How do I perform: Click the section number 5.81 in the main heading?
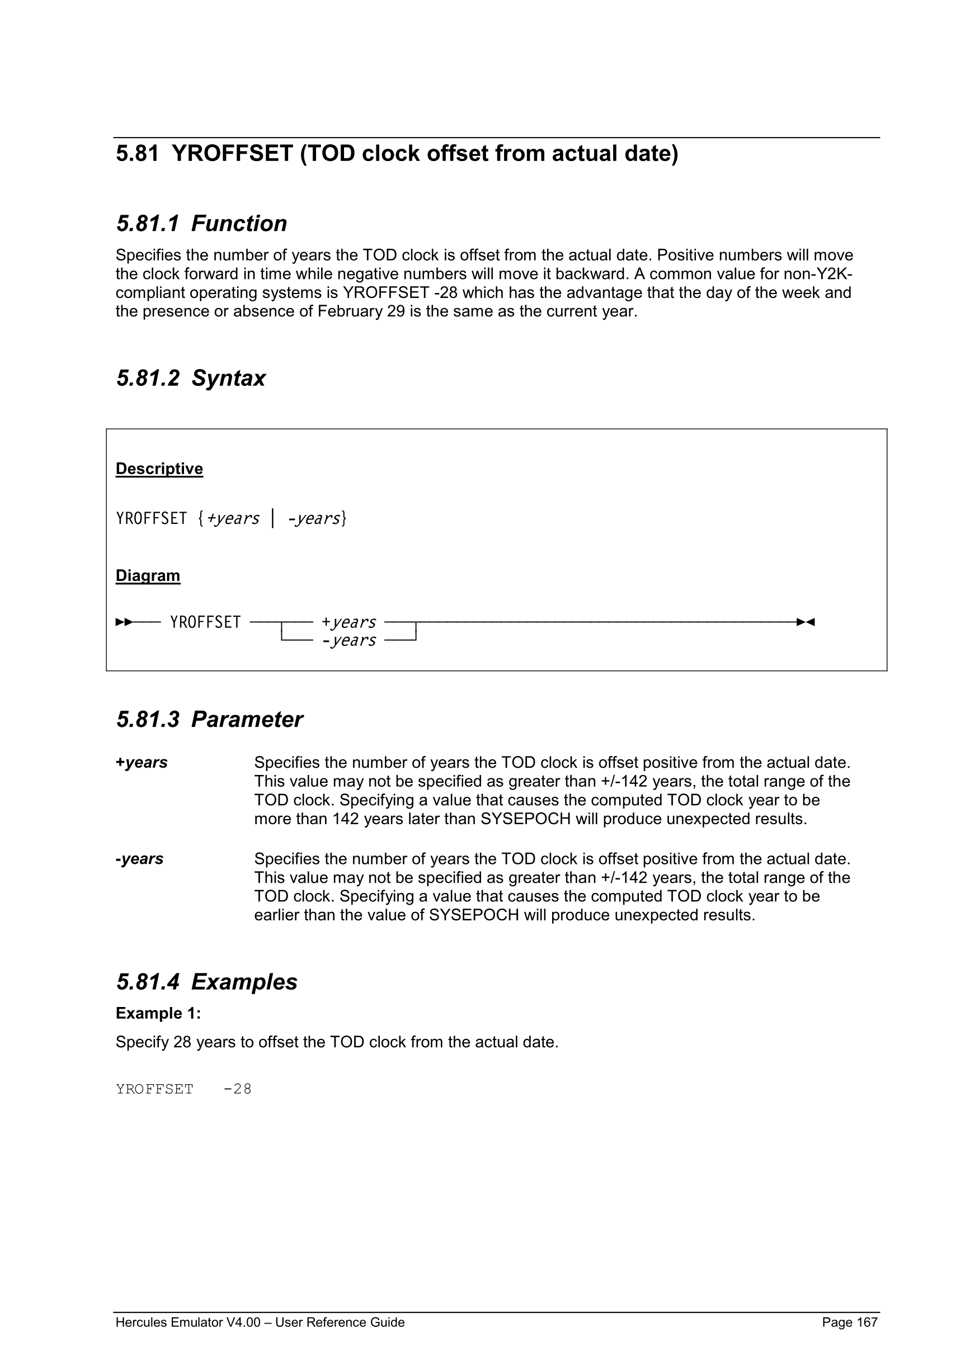coord(137,154)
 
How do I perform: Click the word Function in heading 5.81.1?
coord(239,224)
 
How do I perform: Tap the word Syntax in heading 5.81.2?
coord(228,379)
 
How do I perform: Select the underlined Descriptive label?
coord(159,469)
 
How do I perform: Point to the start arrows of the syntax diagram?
coord(124,622)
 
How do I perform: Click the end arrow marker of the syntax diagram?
coord(806,622)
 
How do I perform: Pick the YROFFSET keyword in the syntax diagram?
coord(205,622)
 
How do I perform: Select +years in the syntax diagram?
coord(349,622)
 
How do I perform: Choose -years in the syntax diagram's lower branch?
coord(349,641)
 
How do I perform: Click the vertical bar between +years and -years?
coord(273,518)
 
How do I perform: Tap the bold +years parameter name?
coord(142,763)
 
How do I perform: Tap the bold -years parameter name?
coord(139,859)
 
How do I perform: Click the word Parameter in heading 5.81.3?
coord(247,720)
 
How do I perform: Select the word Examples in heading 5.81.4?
coord(244,982)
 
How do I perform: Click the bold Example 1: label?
coord(158,1013)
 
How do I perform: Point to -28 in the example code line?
coord(237,1089)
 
